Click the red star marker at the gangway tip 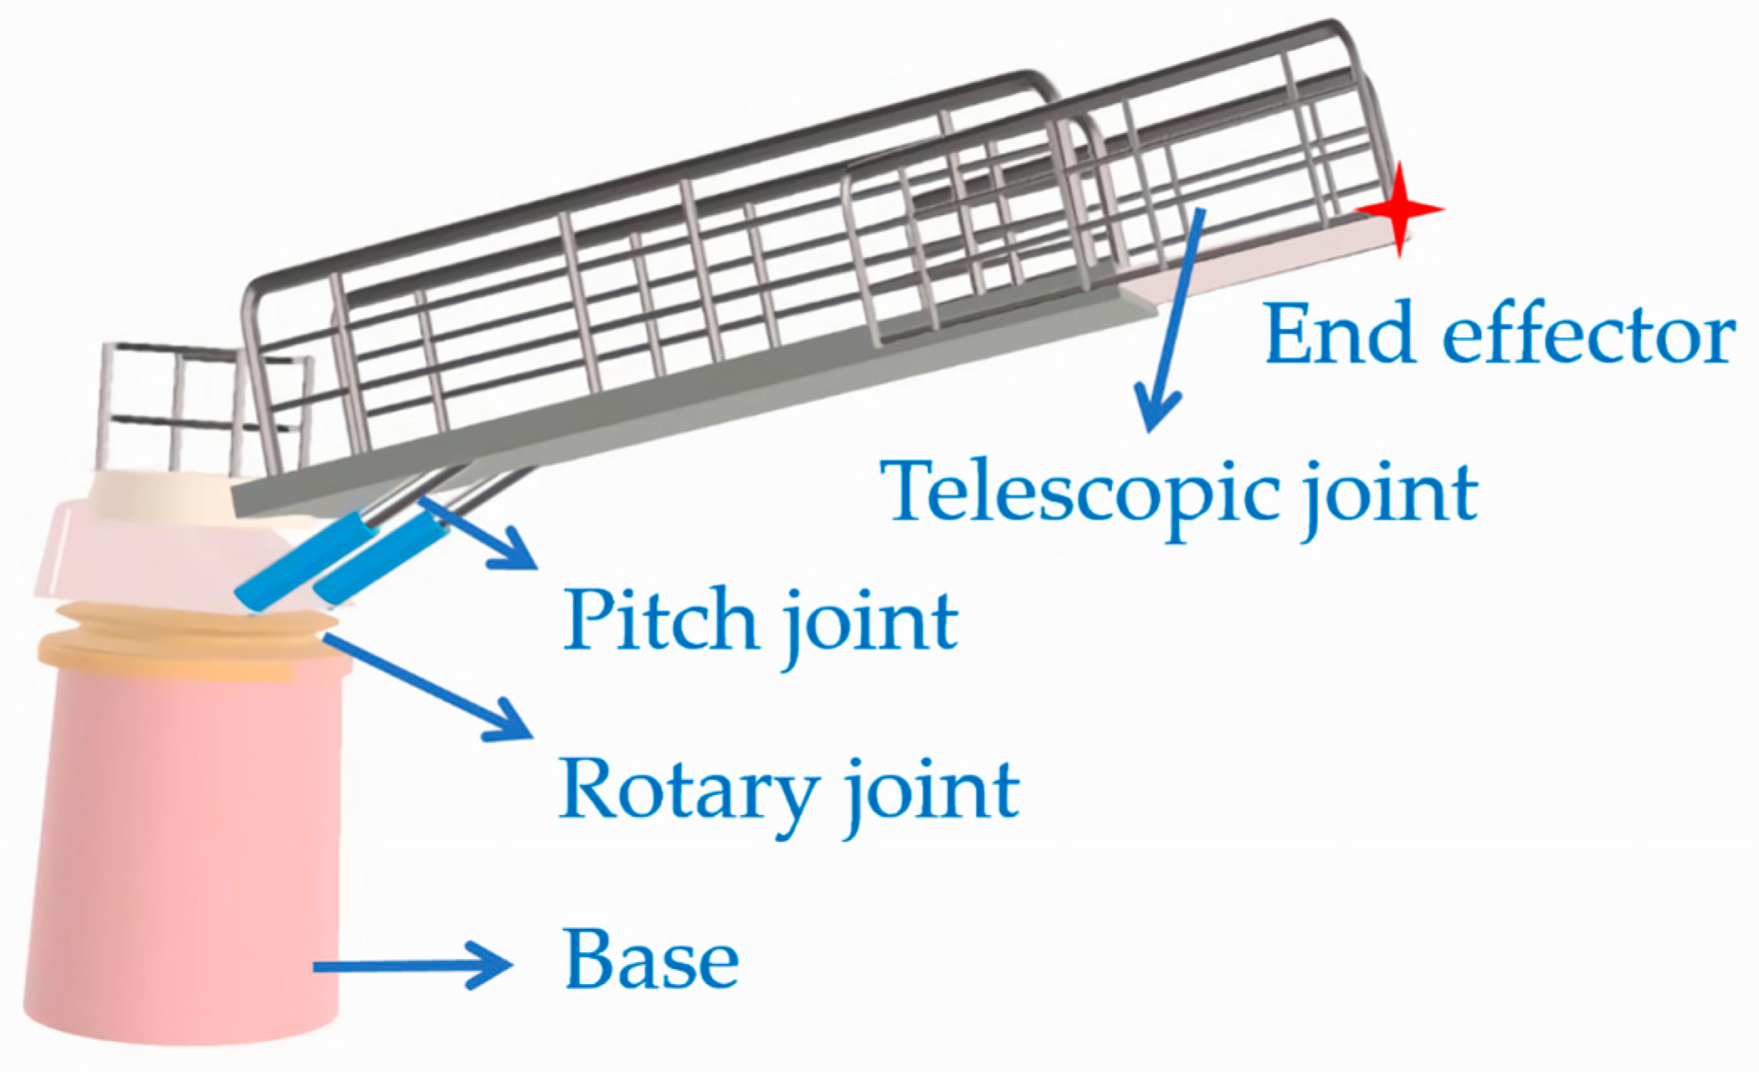tap(1399, 209)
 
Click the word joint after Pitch tap(870, 623)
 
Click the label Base tap(651, 960)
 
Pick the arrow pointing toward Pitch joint tap(477, 532)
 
